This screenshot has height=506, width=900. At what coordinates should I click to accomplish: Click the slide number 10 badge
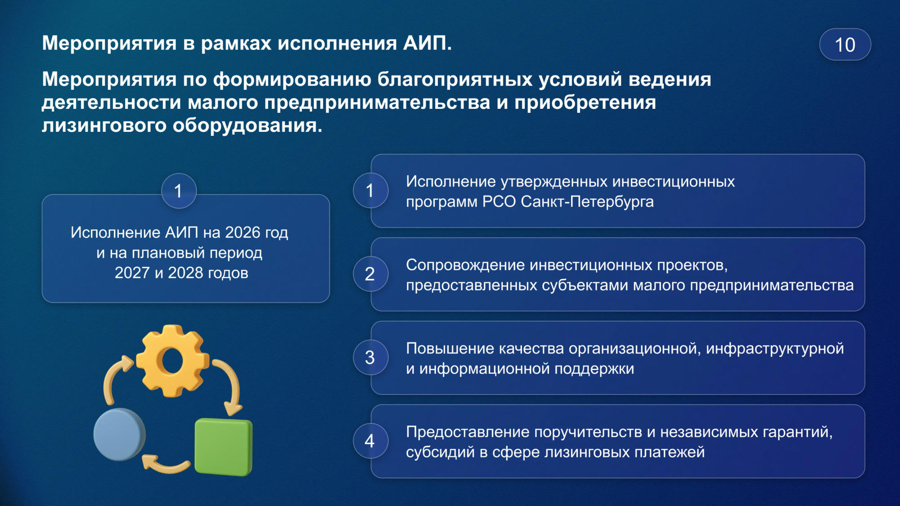(x=845, y=45)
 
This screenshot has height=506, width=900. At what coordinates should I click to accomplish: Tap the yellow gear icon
(x=172, y=361)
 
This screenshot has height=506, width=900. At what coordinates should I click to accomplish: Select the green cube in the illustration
(x=224, y=447)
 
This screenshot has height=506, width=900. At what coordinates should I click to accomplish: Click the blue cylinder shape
(x=119, y=434)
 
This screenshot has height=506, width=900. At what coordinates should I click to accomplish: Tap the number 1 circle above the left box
(x=179, y=191)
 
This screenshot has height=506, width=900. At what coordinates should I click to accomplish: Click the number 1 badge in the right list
(x=370, y=191)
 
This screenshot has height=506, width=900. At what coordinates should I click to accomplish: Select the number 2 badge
(x=370, y=274)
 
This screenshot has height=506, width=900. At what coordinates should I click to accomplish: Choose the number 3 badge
(x=370, y=358)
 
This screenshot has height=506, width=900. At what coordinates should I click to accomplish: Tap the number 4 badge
(x=370, y=441)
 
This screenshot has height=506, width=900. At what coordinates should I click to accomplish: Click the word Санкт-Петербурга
(x=587, y=202)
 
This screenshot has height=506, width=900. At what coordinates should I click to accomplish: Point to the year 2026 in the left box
(x=243, y=233)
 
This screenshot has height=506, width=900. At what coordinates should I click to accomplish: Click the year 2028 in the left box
(x=185, y=273)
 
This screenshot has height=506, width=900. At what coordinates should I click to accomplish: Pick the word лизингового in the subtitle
(x=104, y=125)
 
